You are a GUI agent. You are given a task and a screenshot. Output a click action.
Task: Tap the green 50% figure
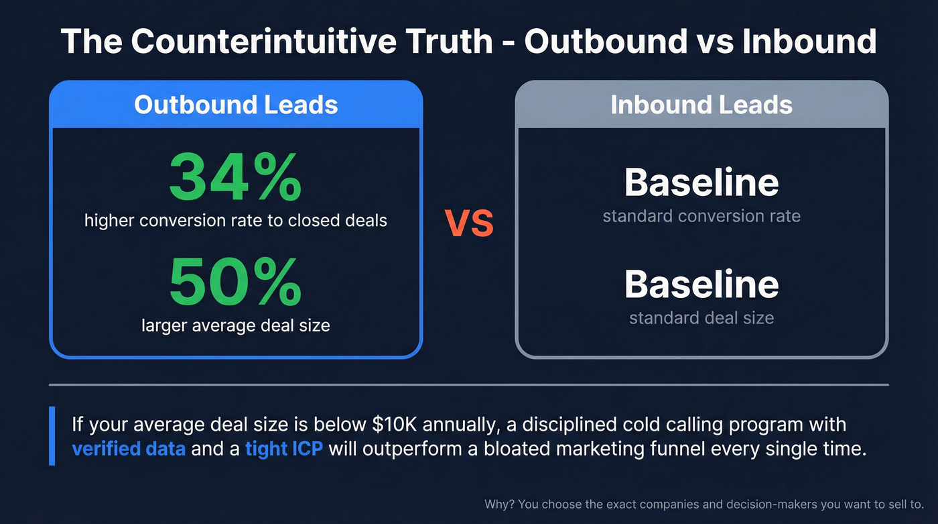[235, 282]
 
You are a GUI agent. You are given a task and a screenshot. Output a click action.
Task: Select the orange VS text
[469, 224]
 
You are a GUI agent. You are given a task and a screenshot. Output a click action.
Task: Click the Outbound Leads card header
[236, 105]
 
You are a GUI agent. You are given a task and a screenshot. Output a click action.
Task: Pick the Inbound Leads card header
[701, 105]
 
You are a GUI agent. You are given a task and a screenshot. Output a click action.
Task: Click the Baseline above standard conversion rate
[701, 182]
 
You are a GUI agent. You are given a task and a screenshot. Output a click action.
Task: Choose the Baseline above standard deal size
[701, 284]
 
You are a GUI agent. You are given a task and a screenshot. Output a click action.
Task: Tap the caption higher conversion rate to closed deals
[236, 220]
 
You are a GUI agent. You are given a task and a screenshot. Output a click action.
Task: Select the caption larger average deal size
[236, 326]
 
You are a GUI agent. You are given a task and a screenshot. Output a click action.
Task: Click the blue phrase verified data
[129, 448]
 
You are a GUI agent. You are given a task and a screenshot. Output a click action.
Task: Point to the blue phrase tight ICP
[285, 448]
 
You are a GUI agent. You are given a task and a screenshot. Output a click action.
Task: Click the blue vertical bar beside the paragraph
[52, 436]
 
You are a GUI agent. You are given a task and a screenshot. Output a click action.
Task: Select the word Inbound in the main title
[809, 42]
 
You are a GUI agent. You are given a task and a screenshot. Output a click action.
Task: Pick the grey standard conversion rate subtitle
[701, 217]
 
